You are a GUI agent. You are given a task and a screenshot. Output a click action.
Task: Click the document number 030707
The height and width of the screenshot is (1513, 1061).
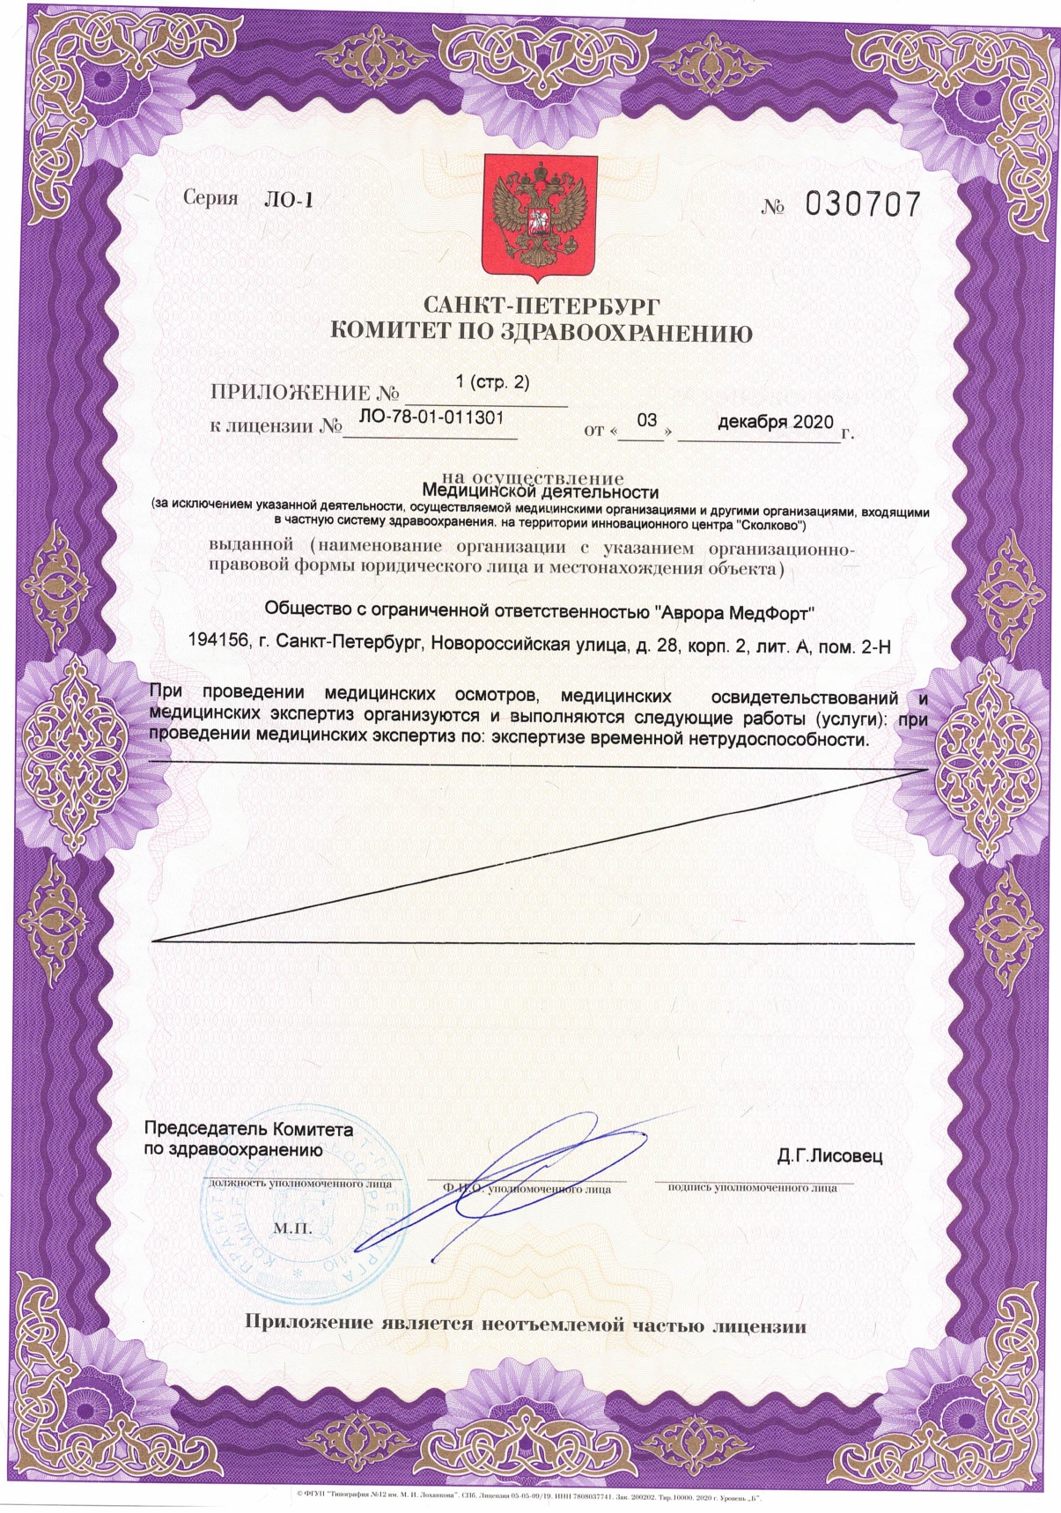click(x=863, y=205)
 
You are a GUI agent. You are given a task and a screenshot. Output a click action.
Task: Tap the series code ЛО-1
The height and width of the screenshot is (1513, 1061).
click(x=288, y=200)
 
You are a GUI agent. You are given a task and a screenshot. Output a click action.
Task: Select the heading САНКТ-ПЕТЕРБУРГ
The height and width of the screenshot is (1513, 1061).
click(x=541, y=306)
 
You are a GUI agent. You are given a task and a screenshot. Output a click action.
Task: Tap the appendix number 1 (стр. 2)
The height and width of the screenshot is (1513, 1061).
click(x=493, y=381)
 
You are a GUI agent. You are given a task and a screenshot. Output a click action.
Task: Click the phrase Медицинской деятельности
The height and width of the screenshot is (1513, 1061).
click(x=541, y=491)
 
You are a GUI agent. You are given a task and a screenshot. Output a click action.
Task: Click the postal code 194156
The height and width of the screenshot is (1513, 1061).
click(x=217, y=646)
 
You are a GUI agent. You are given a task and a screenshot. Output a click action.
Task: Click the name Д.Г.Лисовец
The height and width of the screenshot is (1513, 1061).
click(x=829, y=1155)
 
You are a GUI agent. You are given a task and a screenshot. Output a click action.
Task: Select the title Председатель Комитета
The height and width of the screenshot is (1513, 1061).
click(x=248, y=1129)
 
